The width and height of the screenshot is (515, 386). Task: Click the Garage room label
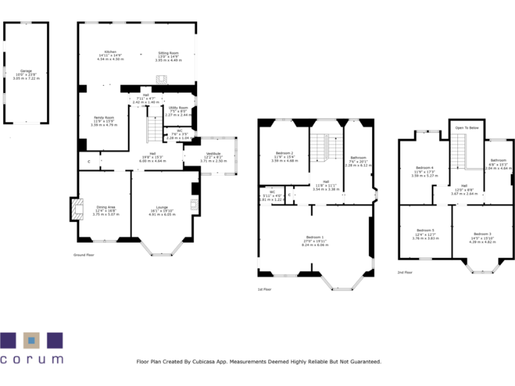tap(26, 70)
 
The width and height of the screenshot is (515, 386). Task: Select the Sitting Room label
tap(168, 52)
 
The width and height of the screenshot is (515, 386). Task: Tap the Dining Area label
tap(106, 207)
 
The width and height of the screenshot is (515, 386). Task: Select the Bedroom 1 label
tap(314, 237)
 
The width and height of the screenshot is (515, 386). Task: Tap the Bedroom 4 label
tap(424, 167)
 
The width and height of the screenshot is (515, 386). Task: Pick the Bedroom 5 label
tap(424, 230)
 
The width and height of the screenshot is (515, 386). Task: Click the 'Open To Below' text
tap(467, 127)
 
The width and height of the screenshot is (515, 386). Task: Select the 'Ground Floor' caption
tap(84, 255)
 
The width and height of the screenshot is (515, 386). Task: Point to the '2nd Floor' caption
tap(405, 272)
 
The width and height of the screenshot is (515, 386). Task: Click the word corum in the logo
tap(32, 359)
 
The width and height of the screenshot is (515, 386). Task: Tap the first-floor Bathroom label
tap(357, 157)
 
